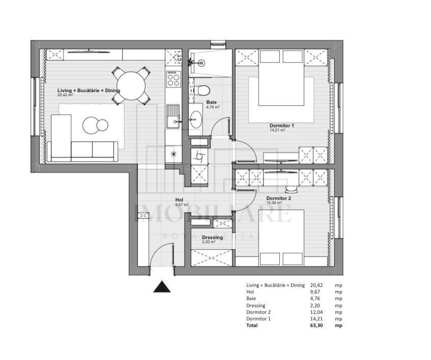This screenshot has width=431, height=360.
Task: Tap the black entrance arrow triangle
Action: [x=162, y=287]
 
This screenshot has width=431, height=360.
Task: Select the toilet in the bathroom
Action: [x=202, y=91]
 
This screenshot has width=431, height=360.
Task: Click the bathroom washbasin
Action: [x=195, y=119]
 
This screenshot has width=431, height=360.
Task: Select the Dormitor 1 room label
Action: [x=281, y=125]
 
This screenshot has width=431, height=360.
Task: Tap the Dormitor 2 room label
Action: [x=278, y=198]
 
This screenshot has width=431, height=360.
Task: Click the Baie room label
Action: [x=211, y=102]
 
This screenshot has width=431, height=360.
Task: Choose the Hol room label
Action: [x=179, y=200]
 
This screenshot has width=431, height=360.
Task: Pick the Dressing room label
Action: [x=212, y=237]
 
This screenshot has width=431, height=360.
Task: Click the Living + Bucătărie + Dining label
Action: [x=89, y=90]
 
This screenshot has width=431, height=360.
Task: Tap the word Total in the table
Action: [x=252, y=325]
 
